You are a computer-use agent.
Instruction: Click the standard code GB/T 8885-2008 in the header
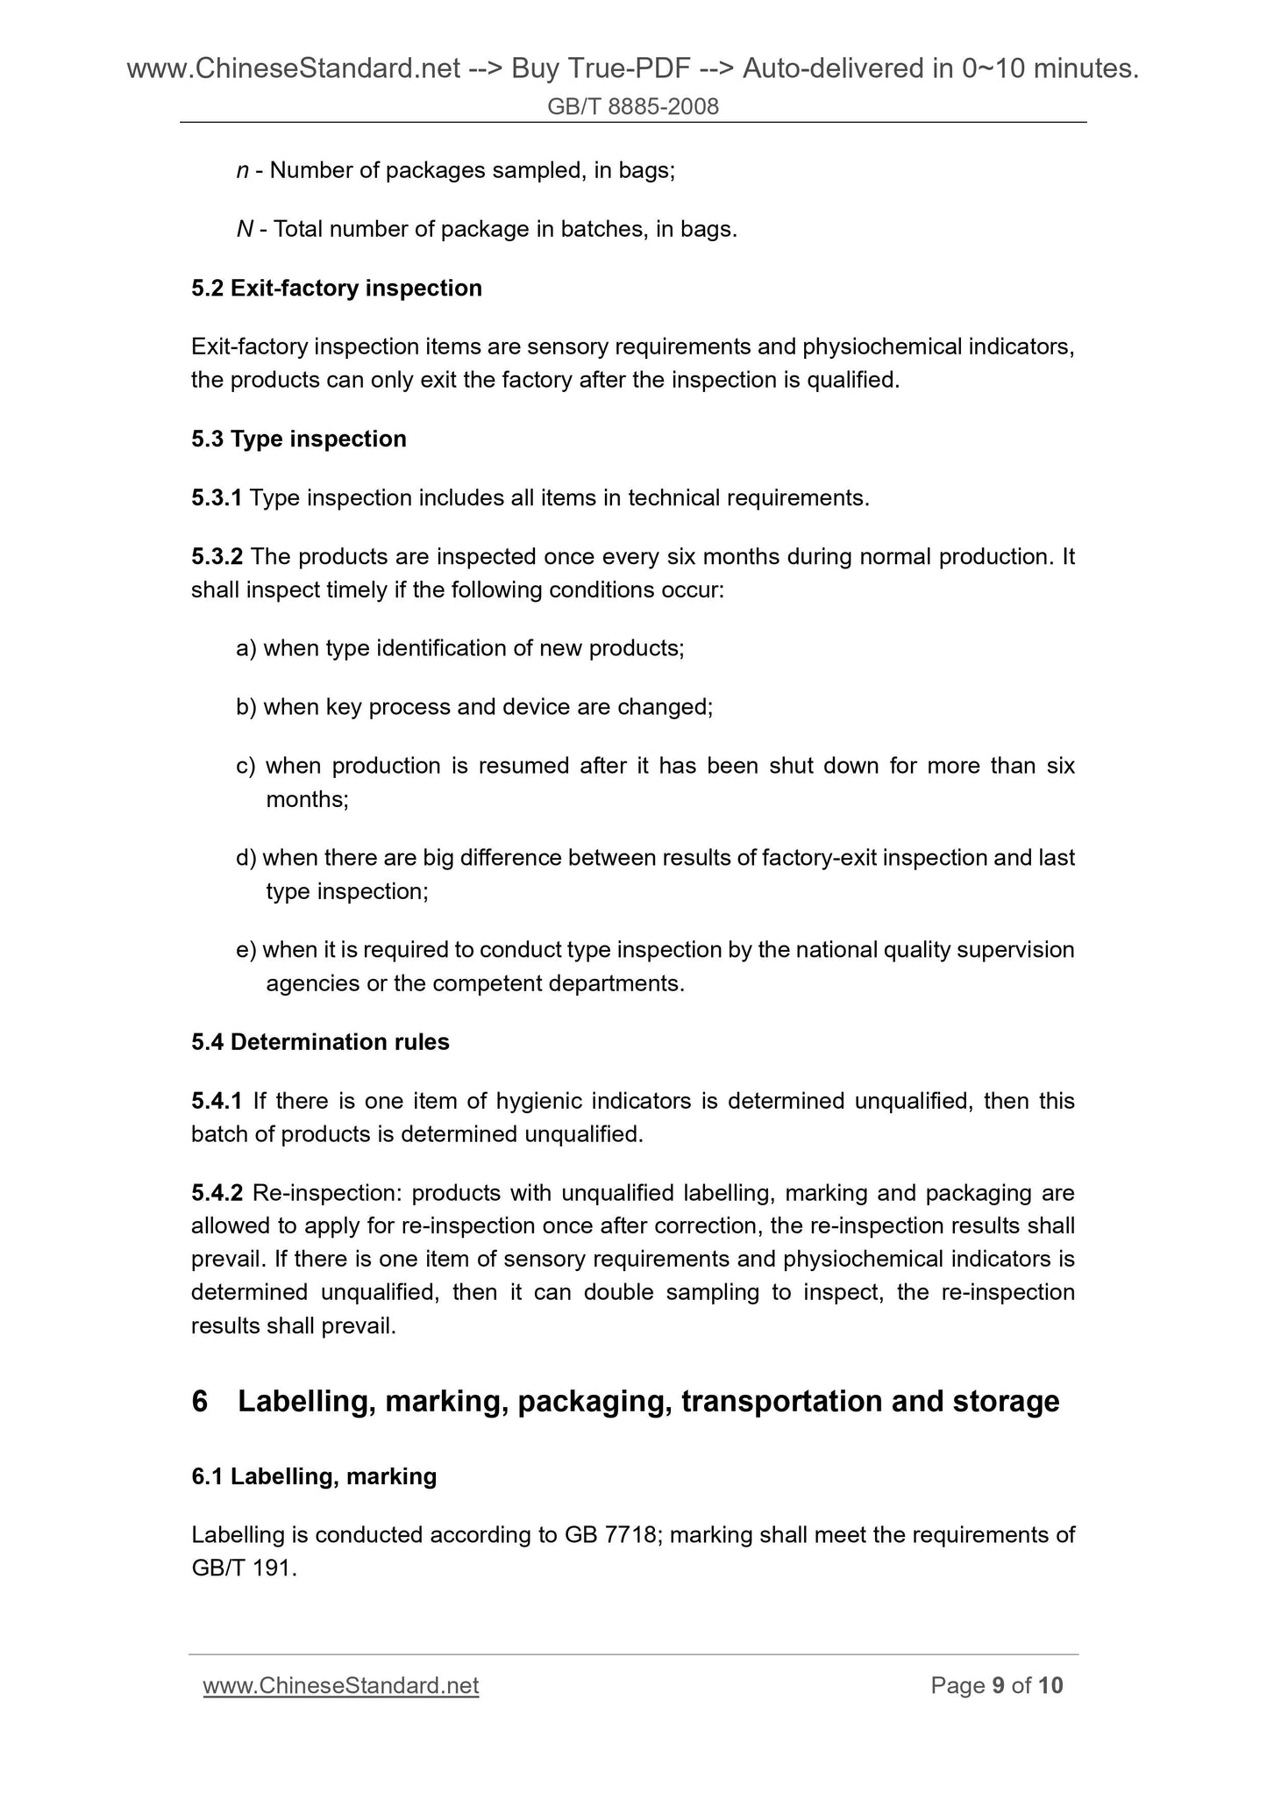tap(633, 107)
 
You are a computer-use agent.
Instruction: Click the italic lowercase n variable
tap(243, 171)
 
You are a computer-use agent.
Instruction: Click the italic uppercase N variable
tap(245, 230)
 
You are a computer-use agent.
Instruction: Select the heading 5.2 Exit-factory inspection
tap(337, 289)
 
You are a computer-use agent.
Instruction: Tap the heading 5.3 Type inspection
tap(299, 439)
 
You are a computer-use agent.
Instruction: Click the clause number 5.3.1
tap(217, 498)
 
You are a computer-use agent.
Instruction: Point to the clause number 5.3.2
tap(217, 557)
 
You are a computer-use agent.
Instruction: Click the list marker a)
tap(246, 649)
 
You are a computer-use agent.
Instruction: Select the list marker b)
tap(246, 708)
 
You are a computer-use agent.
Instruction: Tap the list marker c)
tap(246, 767)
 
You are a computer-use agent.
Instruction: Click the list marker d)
tap(246, 858)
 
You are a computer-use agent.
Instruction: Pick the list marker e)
tap(246, 950)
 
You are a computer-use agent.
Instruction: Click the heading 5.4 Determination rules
tap(320, 1042)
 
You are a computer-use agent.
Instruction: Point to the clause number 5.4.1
tap(217, 1101)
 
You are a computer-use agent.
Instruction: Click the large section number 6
tap(200, 1402)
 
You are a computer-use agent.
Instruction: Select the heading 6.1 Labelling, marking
tap(314, 1476)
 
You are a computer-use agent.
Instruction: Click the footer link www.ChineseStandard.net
tap(340, 1686)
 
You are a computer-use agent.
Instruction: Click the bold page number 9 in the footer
tap(998, 1686)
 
